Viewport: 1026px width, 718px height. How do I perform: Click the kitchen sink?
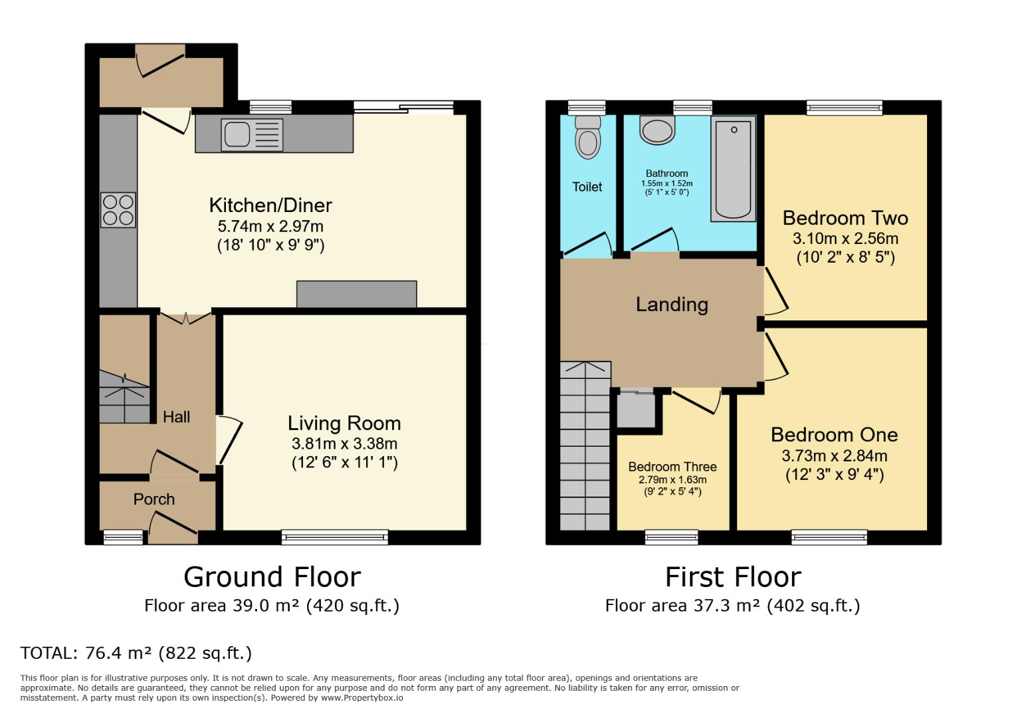point(237,134)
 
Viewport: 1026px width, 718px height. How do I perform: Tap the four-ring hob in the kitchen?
point(118,209)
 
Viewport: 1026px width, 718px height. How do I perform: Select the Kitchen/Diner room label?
point(270,205)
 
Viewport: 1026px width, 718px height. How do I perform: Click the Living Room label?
point(344,423)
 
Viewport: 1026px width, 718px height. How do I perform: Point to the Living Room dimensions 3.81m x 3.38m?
point(344,443)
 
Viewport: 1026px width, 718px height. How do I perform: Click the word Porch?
point(154,499)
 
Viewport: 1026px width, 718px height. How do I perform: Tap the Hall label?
point(177,417)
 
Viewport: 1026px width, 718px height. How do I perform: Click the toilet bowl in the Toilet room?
point(587,142)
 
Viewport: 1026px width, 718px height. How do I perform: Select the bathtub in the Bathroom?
point(734,169)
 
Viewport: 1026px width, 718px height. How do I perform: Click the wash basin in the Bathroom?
point(657,130)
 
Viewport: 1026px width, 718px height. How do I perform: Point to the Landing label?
point(672,304)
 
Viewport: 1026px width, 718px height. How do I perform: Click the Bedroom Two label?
point(845,218)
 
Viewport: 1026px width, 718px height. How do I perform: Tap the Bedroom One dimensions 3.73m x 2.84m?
point(834,456)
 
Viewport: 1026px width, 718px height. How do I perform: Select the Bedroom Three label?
point(672,467)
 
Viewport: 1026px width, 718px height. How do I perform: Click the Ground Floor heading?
point(272,577)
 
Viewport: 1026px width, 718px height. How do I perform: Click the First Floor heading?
point(733,577)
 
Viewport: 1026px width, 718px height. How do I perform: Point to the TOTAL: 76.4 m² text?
point(136,653)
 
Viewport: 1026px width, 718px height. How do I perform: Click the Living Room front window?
point(335,537)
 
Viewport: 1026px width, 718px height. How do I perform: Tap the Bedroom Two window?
point(845,107)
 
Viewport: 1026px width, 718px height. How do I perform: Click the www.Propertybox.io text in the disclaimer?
point(362,698)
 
